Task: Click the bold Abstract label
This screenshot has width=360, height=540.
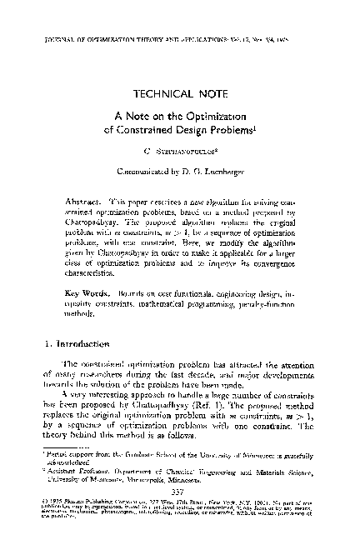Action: pyautogui.click(x=82, y=202)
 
